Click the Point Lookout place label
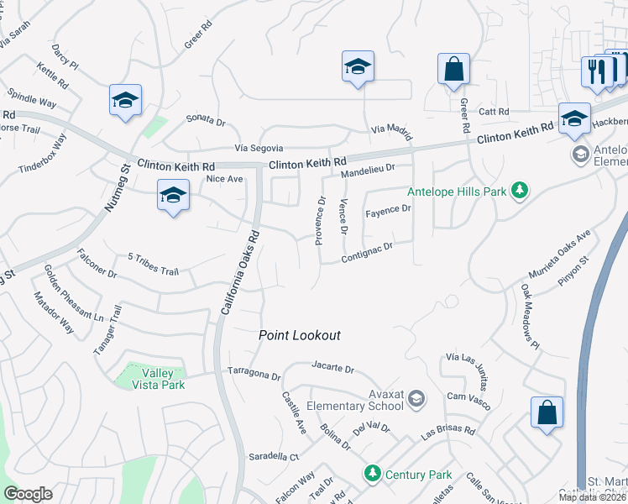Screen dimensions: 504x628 click(x=299, y=335)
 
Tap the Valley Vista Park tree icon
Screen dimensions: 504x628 click(x=130, y=370)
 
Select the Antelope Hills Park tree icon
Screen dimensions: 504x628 click(x=520, y=191)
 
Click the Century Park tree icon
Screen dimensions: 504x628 click(x=372, y=475)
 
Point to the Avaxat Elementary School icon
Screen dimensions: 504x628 click(x=416, y=397)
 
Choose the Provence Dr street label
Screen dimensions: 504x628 click(x=319, y=220)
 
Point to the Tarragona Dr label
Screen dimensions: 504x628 click(x=253, y=373)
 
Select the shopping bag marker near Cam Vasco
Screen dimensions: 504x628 click(x=547, y=413)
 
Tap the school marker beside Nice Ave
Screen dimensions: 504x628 click(x=172, y=197)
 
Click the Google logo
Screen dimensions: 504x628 click(x=28, y=494)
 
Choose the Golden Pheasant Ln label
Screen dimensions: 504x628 click(x=74, y=294)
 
